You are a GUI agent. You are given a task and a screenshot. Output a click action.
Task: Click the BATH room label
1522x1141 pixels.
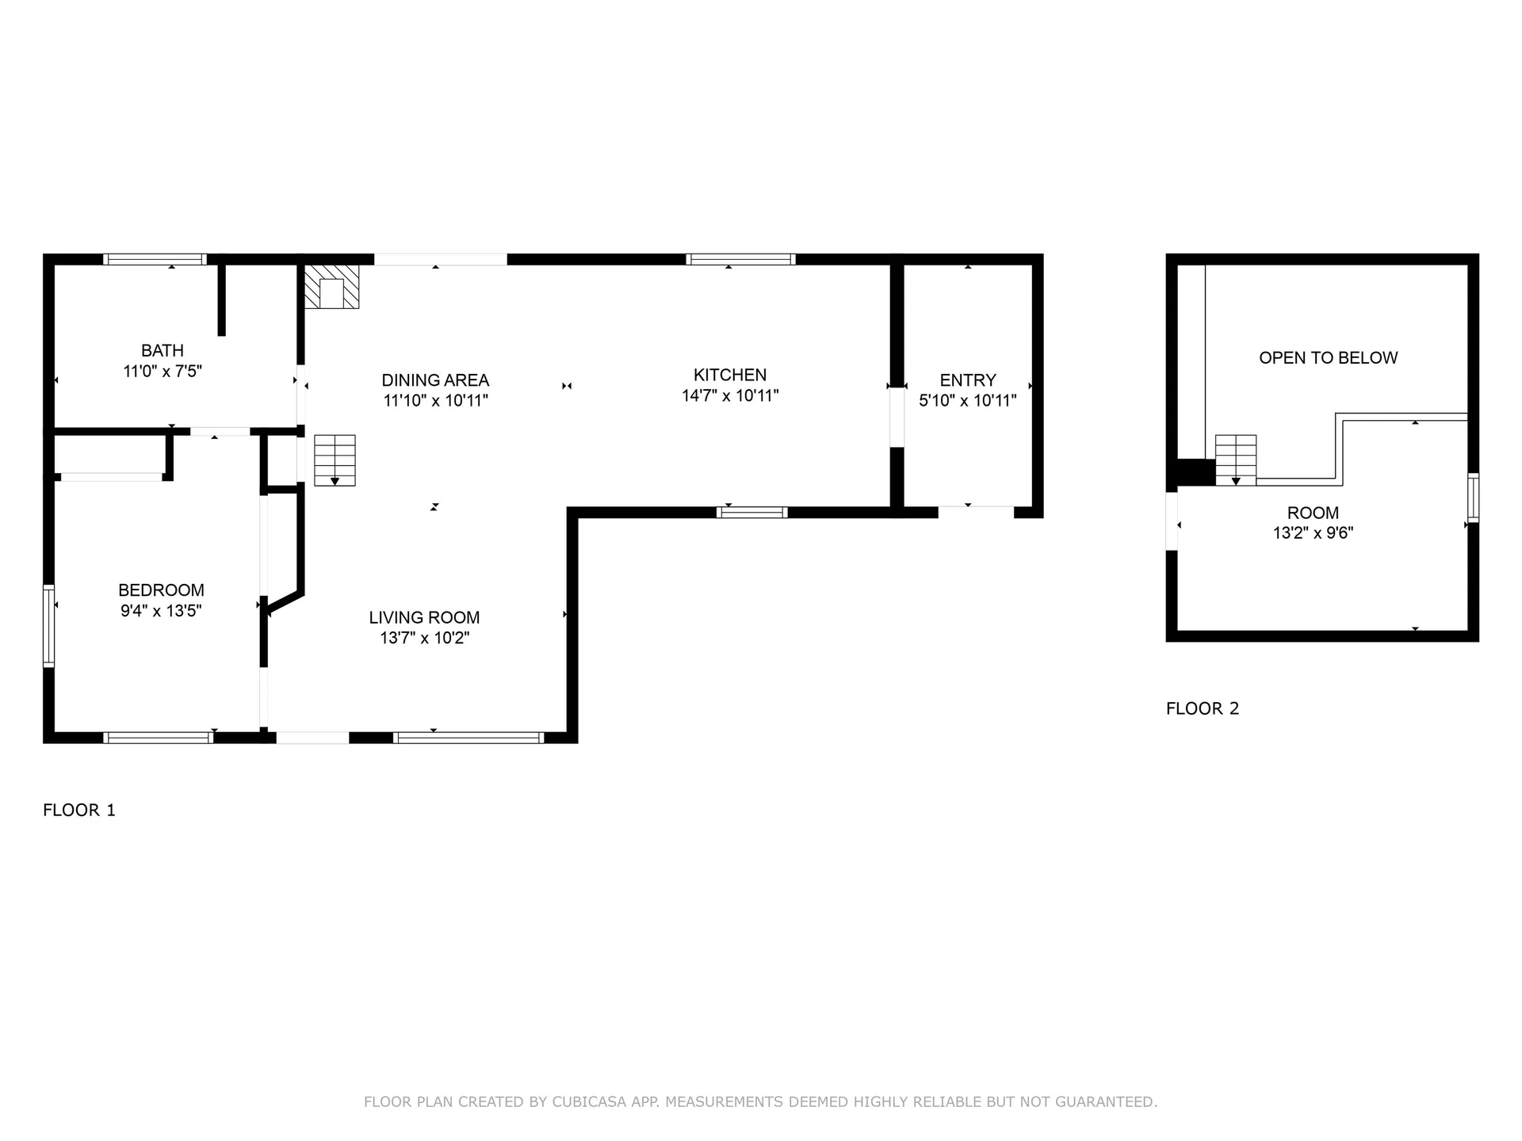tap(163, 350)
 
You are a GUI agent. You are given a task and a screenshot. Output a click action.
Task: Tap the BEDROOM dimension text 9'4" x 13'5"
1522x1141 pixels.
tap(161, 610)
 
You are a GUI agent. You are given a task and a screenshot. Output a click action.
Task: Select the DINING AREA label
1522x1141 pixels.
tap(435, 380)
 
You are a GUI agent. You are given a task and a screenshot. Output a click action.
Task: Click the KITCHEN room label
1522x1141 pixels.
tap(730, 375)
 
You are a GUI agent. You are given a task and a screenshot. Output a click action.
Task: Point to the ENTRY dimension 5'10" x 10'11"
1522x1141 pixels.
tap(967, 400)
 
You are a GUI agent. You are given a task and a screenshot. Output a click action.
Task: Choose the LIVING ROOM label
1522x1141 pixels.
tap(424, 617)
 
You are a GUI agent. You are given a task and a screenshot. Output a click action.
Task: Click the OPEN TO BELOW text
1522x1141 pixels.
tap(1329, 357)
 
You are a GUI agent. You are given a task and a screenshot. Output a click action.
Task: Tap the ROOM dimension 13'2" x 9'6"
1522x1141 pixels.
tap(1313, 533)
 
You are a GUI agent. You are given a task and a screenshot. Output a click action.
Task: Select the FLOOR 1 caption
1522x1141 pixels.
tap(79, 810)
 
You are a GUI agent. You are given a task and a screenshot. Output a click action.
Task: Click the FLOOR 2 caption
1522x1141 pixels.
tap(1203, 708)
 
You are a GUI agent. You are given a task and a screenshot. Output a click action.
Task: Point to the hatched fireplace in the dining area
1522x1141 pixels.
tap(332, 286)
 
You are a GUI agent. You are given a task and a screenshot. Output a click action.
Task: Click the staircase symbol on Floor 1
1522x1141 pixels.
tap(335, 460)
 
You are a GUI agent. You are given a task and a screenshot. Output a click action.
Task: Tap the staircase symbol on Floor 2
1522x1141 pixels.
tap(1236, 460)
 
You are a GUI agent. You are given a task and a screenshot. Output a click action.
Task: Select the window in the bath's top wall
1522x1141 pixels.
tap(155, 259)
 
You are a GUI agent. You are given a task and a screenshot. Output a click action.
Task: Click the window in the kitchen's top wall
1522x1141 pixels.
tap(740, 259)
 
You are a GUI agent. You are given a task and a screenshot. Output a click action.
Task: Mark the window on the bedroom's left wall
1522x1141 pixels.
tap(48, 626)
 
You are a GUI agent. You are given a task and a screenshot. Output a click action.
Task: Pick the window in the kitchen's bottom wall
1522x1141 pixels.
tap(751, 513)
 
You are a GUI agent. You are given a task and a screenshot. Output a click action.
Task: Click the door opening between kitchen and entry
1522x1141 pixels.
tap(897, 418)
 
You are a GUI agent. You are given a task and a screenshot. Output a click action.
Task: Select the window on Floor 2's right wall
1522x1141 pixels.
tap(1473, 497)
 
